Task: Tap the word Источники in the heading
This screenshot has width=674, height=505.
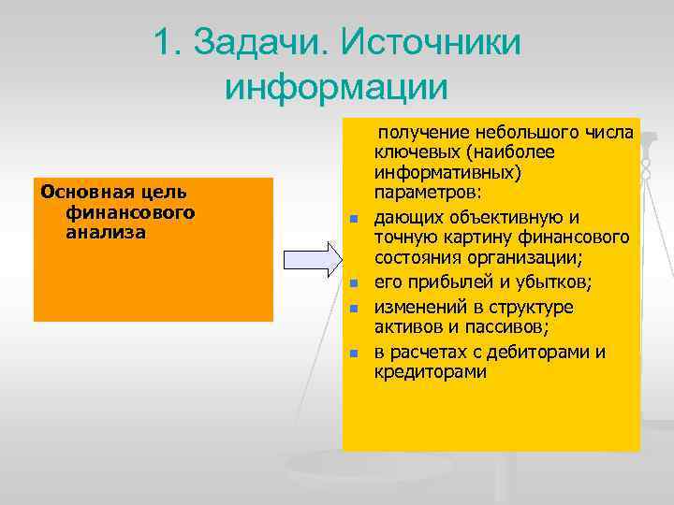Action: (433, 43)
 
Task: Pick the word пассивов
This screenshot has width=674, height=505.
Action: (508, 326)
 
